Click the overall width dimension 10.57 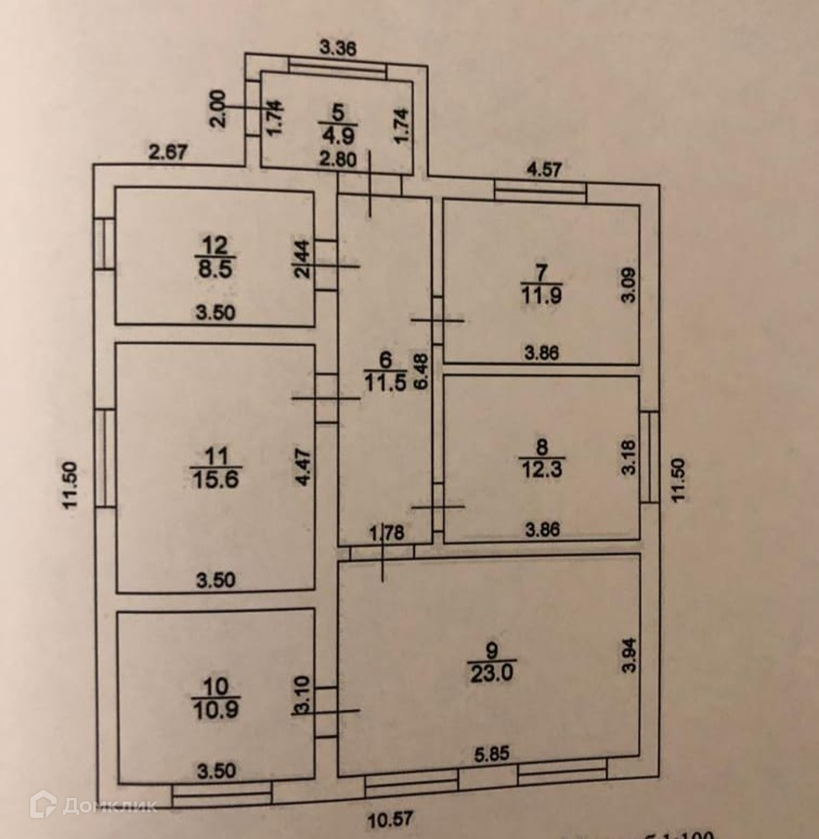point(390,817)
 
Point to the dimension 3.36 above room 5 point(338,48)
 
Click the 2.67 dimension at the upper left point(168,152)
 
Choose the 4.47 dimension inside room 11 point(305,466)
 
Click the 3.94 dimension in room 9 point(628,656)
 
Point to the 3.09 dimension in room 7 point(628,284)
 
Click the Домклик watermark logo point(93,805)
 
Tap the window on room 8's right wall point(650,457)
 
